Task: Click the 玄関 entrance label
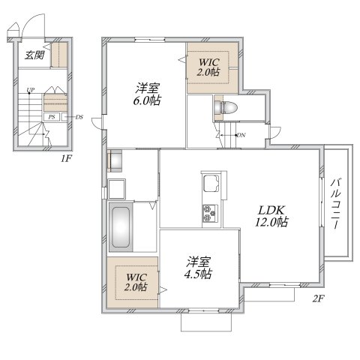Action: tap(34, 55)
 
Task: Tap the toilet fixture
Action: tap(226, 107)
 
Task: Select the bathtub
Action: tap(121, 227)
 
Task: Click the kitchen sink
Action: tap(211, 183)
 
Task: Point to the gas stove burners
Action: tap(210, 213)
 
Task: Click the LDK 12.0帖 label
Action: tap(271, 216)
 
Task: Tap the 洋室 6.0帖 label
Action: tap(147, 94)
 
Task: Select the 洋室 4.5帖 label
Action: tap(198, 268)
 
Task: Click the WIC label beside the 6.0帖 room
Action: tap(208, 67)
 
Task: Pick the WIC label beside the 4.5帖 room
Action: tap(136, 282)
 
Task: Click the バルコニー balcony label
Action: tap(335, 203)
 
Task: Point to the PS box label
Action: tap(52, 117)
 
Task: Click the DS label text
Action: tap(79, 117)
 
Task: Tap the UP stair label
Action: tap(31, 90)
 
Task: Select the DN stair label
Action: tap(241, 135)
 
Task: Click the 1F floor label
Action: tap(66, 158)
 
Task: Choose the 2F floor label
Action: tap(318, 298)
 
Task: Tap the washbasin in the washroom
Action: tap(115, 161)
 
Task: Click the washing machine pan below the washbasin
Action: tap(116, 189)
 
